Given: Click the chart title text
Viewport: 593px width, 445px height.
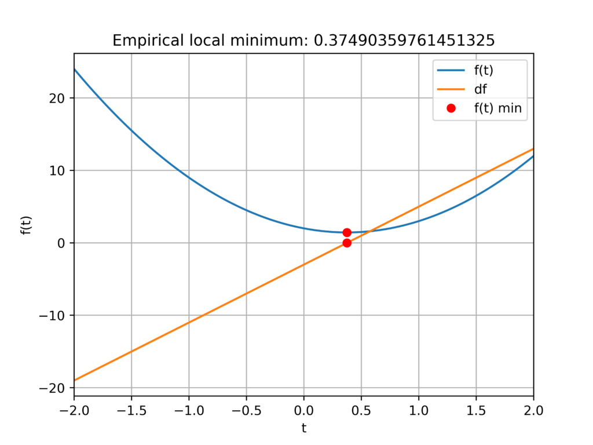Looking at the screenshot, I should [303, 40].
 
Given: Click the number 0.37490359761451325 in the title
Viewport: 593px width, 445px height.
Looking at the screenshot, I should [404, 40].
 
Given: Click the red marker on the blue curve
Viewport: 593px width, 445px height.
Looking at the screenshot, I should [347, 232].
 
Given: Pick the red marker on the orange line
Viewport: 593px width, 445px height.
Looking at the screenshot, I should [347, 243].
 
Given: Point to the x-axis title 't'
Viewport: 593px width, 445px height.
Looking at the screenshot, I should [303, 428].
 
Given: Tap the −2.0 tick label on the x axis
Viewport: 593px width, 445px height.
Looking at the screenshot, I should [74, 411].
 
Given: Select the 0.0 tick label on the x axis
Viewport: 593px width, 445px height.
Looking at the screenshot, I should [303, 411].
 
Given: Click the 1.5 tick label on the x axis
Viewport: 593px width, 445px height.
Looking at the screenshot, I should [476, 411].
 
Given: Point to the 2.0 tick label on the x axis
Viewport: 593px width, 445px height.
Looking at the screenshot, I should [533, 411].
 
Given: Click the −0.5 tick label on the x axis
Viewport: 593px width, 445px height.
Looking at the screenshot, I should [246, 411].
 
